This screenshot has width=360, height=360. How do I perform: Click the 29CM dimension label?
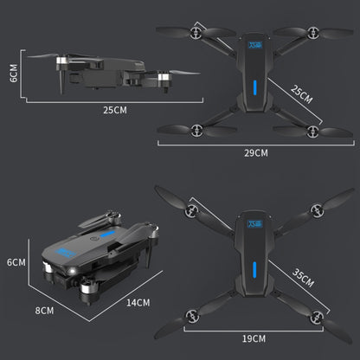pos(256,153)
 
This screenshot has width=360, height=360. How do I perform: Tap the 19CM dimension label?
pos(254,338)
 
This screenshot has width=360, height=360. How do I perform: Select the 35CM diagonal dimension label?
pos(303,278)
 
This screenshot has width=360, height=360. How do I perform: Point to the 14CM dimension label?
pos(138,303)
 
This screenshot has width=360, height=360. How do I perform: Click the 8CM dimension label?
pos(44,311)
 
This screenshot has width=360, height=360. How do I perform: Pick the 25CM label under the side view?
pos(115,110)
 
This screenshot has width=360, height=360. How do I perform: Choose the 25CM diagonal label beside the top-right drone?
pos(301,94)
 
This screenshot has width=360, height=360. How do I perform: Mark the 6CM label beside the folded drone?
pos(16,262)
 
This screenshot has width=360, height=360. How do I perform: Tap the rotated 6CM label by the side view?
pos(14,74)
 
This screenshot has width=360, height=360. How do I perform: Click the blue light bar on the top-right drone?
pos(255,87)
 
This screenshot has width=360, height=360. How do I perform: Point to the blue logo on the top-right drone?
pos(255,45)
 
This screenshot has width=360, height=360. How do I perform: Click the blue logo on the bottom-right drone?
pos(255,224)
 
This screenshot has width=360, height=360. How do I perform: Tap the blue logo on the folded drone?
pos(66,252)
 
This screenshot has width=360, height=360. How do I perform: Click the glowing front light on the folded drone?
pos(72,270)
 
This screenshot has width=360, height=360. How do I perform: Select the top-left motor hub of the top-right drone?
pos(196,33)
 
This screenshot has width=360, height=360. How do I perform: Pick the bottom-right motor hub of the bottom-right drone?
pos(317,318)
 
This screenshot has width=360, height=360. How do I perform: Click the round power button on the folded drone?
pos(93,238)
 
